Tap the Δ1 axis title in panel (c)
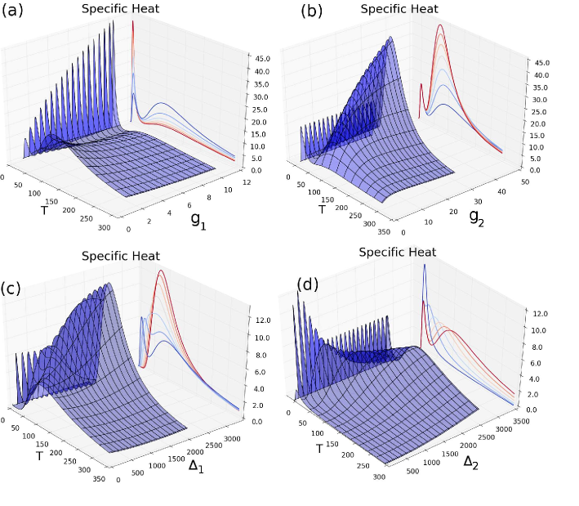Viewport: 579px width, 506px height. point(197,465)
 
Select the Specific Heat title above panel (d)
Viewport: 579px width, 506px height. point(397,252)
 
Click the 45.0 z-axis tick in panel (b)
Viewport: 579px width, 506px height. point(542,63)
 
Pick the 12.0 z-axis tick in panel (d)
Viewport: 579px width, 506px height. point(541,314)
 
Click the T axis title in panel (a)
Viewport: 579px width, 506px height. point(44,209)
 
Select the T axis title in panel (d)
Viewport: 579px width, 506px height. point(319,448)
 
